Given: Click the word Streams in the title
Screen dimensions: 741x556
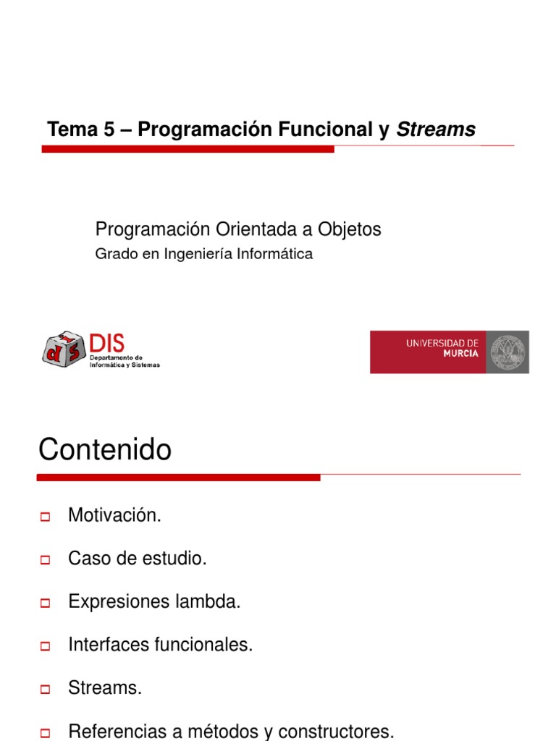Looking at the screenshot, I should tap(436, 130).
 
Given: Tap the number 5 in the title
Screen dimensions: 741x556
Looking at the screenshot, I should tap(109, 130).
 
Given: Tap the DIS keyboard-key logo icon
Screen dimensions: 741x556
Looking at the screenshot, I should tap(64, 350).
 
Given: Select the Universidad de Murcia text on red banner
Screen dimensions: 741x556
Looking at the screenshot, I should tap(442, 347).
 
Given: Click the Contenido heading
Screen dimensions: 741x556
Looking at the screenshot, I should tap(105, 450).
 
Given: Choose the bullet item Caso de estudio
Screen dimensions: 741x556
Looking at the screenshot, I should tap(138, 559).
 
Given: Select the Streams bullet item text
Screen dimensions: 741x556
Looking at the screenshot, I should tap(105, 687).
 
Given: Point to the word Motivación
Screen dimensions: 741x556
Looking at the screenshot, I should tap(114, 516).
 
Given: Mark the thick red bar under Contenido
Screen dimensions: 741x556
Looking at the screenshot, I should tap(178, 478).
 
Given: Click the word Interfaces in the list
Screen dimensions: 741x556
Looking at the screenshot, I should tap(109, 645).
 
